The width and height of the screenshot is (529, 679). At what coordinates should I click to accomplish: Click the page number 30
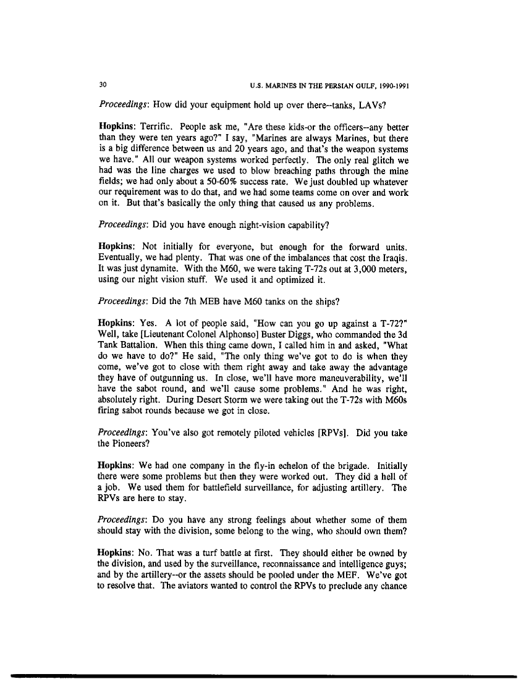102,85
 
